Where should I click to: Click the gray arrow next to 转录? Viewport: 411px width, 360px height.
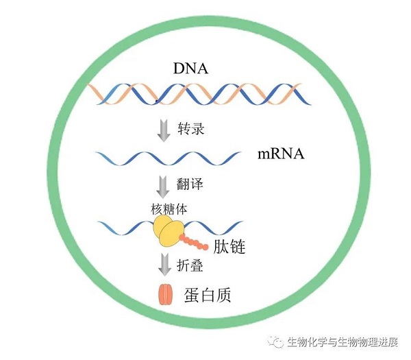tap(164, 130)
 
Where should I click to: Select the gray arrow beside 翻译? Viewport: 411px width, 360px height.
tap(164, 186)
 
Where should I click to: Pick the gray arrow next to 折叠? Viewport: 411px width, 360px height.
tap(164, 265)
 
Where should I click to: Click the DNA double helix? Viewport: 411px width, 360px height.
tap(199, 95)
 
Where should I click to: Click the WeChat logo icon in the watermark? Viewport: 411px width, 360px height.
tap(277, 341)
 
